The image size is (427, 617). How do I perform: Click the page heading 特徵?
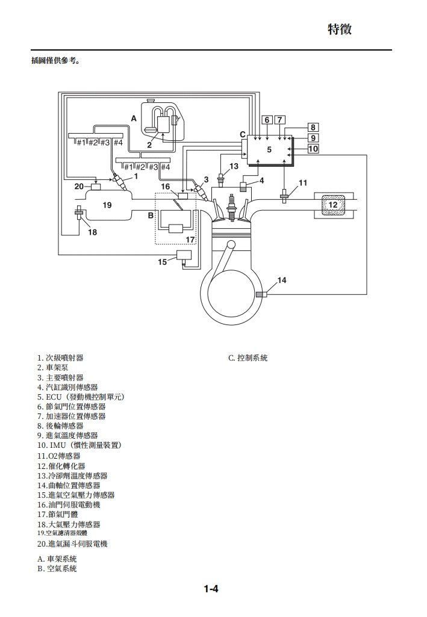340,29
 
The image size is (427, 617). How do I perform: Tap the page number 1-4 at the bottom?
210,589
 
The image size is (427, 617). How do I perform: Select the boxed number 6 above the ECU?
267,120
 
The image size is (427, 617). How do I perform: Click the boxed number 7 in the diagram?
279,120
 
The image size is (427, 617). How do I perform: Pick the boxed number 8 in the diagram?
313,127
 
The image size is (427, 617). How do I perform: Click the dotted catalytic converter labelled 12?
333,205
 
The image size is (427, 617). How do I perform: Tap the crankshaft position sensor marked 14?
261,294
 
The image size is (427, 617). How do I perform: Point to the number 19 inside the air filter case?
107,205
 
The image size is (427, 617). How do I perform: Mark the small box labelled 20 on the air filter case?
95,186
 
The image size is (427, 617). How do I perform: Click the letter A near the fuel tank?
134,119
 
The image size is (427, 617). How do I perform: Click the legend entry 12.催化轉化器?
61,465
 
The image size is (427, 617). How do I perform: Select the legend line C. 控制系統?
248,358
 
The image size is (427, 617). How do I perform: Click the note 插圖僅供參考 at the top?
55,61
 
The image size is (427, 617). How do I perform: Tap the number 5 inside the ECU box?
269,149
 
